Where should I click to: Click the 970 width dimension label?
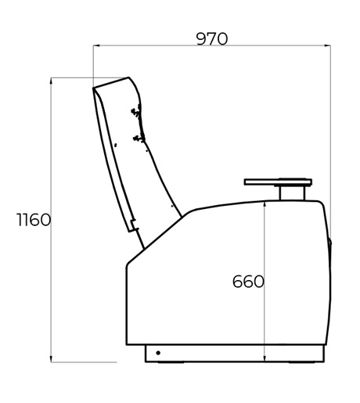point(212,39)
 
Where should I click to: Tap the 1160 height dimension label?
point(34,220)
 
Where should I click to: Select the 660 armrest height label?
point(248,282)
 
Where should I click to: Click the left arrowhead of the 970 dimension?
point(96,45)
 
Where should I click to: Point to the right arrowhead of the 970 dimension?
point(328,45)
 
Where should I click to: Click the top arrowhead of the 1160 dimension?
point(51,81)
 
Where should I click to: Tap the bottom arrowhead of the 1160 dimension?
point(51,359)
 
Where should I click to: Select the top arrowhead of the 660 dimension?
point(265,205)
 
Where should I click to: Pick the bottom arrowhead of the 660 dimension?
point(265,359)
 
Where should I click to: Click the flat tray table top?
point(278,182)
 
